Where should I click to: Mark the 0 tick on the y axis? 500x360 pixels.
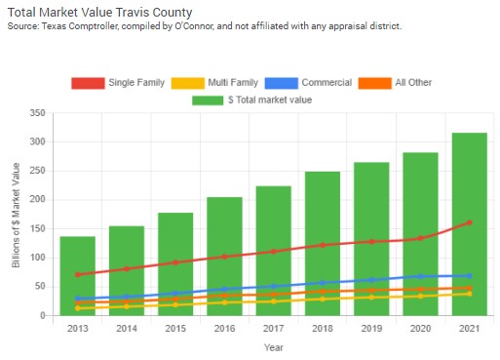point(43,316)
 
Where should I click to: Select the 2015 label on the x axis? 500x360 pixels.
point(175,328)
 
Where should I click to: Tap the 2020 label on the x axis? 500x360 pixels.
point(420,328)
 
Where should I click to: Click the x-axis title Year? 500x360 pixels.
point(273,347)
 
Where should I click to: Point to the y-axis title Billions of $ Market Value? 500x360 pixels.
point(15,215)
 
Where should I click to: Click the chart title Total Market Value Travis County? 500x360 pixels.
point(101,12)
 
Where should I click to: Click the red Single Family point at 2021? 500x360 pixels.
point(469,222)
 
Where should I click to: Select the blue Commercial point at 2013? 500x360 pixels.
point(77,299)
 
